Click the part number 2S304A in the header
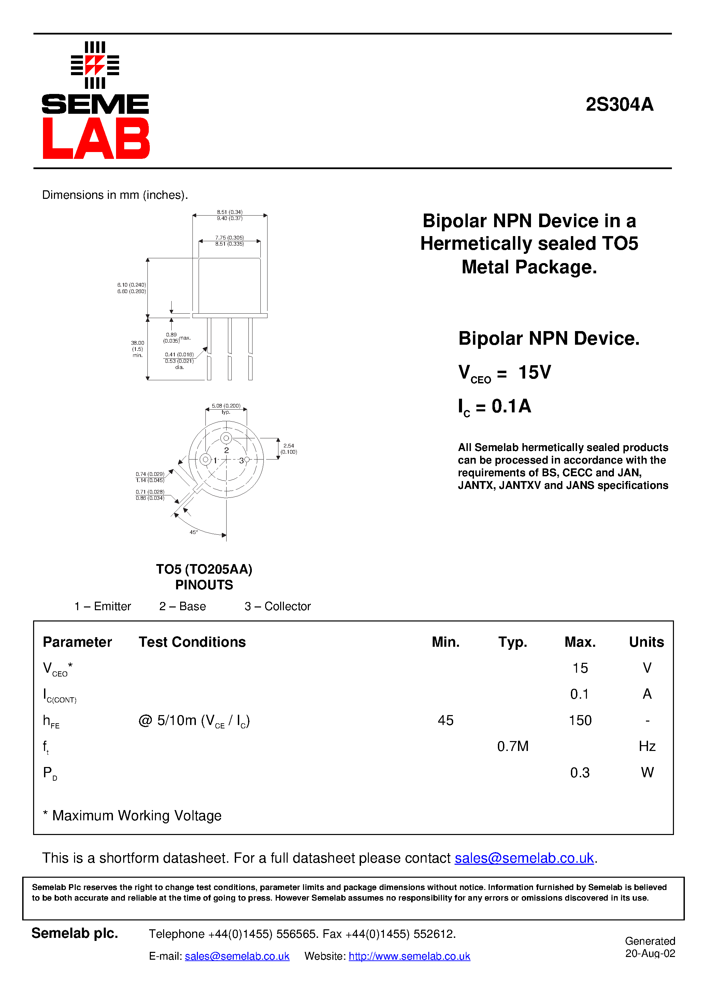(x=619, y=105)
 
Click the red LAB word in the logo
(x=96, y=138)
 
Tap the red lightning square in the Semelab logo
(x=95, y=65)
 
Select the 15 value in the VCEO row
(x=580, y=668)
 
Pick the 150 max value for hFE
(x=580, y=720)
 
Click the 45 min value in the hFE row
(x=446, y=720)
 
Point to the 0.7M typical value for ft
(x=513, y=746)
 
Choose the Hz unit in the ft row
(x=647, y=746)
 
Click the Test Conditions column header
(x=192, y=642)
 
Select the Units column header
(x=646, y=642)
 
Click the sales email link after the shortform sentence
(x=524, y=858)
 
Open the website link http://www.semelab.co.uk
(x=409, y=956)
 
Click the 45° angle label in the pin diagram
(x=193, y=532)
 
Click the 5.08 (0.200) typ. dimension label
(x=226, y=408)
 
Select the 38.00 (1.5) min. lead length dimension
(x=138, y=349)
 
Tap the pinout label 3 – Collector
(x=277, y=606)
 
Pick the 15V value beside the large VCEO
(x=535, y=372)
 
